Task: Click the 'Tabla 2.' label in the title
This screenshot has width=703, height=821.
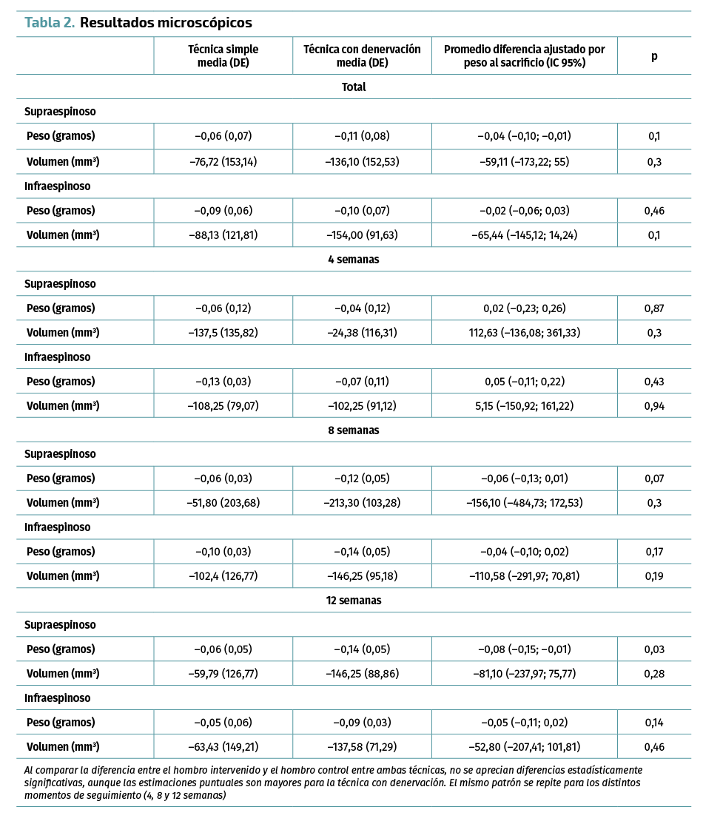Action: point(50,23)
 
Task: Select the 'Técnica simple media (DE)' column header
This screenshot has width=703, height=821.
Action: point(223,56)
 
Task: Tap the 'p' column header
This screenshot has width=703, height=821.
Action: point(654,56)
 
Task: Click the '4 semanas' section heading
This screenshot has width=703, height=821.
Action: point(354,260)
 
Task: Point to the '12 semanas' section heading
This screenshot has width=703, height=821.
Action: point(354,601)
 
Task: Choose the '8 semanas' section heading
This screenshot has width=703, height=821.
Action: point(354,430)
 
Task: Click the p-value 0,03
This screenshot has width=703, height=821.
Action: point(654,649)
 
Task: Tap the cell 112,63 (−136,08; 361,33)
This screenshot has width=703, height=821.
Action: point(524,333)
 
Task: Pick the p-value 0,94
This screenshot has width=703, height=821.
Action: point(654,406)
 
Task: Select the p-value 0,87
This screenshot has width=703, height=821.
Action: point(654,308)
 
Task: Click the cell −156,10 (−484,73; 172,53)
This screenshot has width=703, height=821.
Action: point(524,503)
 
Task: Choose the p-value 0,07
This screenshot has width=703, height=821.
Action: point(654,479)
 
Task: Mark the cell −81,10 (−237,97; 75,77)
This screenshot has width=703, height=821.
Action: point(524,674)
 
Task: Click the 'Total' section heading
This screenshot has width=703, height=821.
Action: point(354,87)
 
